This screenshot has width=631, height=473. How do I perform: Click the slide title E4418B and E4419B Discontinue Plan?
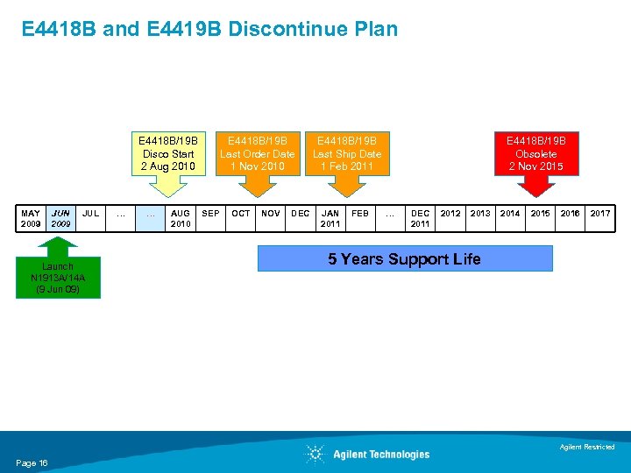pyautogui.click(x=209, y=29)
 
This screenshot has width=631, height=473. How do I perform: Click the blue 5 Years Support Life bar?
pyautogui.click(x=404, y=259)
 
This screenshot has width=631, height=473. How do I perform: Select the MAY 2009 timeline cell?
pyautogui.click(x=31, y=218)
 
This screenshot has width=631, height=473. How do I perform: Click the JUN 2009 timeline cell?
pyautogui.click(x=60, y=218)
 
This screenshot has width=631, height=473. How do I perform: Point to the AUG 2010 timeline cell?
pyautogui.click(x=181, y=218)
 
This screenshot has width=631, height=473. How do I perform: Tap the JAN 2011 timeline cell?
pyautogui.click(x=330, y=218)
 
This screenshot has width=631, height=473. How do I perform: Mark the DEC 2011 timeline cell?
pyautogui.click(x=421, y=218)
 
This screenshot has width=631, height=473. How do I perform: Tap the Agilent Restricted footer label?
pyautogui.click(x=587, y=448)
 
